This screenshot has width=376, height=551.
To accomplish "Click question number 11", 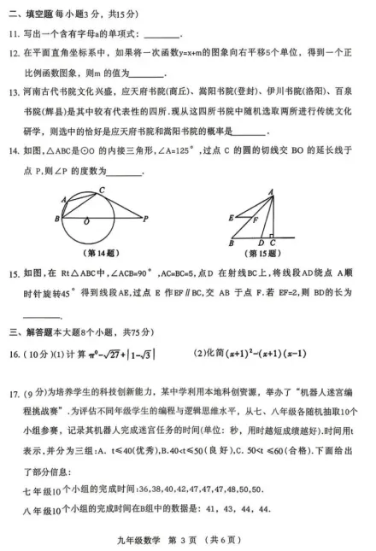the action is pyautogui.click(x=15, y=34).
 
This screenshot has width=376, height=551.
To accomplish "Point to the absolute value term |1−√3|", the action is pyautogui.click(x=148, y=352).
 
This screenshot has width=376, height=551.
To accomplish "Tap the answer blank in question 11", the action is pyautogui.click(x=163, y=34).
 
